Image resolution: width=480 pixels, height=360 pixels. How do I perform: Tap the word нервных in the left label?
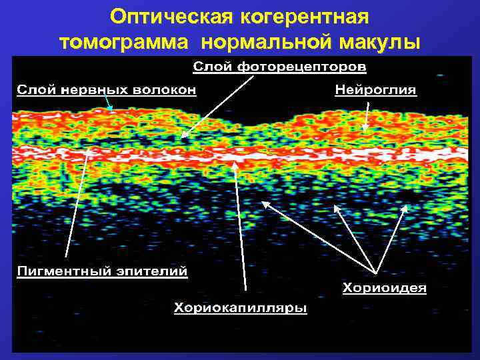96,90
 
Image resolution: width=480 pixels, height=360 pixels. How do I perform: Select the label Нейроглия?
375,90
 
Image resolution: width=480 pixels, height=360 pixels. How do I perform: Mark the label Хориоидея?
385,289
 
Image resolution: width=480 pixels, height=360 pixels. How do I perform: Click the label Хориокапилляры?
241,308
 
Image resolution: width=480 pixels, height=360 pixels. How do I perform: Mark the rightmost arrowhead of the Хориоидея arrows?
405,206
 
